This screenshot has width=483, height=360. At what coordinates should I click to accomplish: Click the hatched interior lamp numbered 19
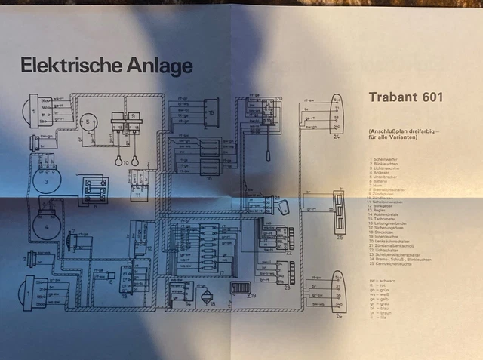point(241,289)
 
